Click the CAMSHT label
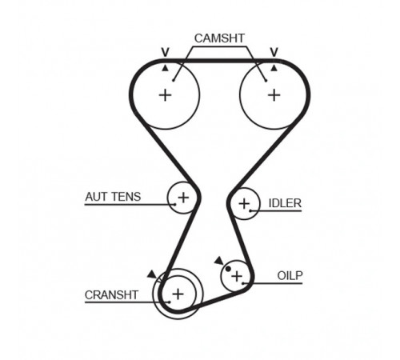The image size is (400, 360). (219, 38)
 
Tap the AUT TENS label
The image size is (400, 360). (113, 197)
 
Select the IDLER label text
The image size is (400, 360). (285, 203)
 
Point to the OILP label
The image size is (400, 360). (290, 275)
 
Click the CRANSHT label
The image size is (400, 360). (111, 295)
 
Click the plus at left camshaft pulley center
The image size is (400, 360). (165, 95)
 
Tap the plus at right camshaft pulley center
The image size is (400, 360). (274, 95)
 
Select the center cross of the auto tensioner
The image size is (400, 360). (183, 198)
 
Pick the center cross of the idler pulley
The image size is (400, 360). (244, 204)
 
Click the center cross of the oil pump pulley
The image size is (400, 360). (237, 276)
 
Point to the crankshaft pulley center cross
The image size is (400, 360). (178, 294)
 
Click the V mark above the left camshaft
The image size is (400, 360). (166, 52)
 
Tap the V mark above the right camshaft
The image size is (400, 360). (274, 52)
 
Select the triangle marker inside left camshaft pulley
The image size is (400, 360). (166, 69)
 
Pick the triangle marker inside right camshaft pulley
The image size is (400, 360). (274, 69)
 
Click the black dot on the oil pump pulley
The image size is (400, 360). (228, 269)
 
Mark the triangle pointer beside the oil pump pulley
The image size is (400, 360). (219, 261)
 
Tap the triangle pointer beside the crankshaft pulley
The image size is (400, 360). (152, 274)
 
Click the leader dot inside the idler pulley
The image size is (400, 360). (250, 210)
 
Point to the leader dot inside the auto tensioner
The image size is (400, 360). (175, 205)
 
